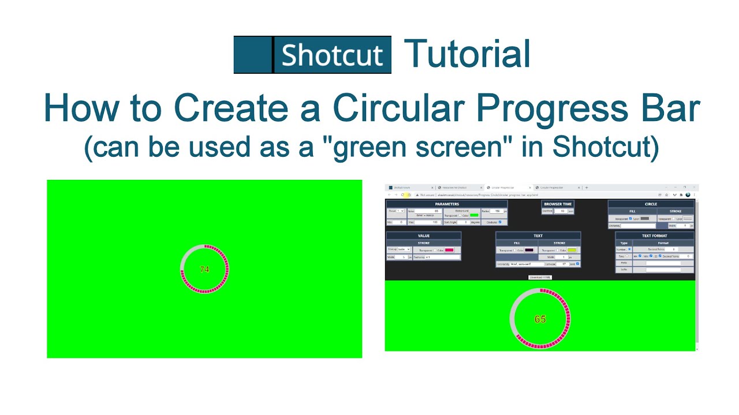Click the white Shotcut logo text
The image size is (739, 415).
(332, 55)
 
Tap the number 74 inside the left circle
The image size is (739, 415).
(204, 269)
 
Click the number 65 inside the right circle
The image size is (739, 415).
(540, 319)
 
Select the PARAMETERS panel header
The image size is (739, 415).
(447, 204)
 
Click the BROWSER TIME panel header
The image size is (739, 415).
(558, 204)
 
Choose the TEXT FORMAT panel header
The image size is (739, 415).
(654, 236)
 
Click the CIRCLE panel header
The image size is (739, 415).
(651, 204)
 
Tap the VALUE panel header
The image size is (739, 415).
(424, 236)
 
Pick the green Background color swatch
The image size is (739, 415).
(474, 216)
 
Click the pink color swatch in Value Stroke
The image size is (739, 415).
(449, 250)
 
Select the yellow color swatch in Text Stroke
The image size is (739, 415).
(572, 250)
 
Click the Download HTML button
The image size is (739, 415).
(540, 277)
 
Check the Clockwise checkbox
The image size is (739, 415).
(500, 222)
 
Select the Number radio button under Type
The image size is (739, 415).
(629, 250)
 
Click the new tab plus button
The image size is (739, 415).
(587, 188)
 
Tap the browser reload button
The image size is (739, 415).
(402, 195)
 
